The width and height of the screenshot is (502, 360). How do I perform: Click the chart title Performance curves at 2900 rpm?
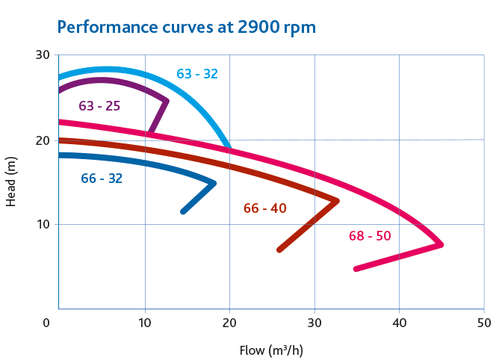point(186,27)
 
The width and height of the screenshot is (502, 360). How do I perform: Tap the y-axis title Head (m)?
point(10,182)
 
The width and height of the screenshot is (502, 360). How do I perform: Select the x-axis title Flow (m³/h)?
point(271,350)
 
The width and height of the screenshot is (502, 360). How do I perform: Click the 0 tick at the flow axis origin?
point(47,323)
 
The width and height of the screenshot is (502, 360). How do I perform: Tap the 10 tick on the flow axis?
point(144,323)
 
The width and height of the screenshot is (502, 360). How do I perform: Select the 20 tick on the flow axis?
point(229,323)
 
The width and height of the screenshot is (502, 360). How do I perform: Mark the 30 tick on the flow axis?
point(314,323)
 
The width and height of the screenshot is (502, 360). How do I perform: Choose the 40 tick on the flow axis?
point(400,323)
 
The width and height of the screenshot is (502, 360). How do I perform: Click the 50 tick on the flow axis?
point(485,323)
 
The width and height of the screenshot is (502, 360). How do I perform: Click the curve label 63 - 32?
point(197,74)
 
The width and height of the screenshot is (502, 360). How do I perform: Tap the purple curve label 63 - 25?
point(99,106)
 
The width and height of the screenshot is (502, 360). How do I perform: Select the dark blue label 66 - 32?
point(102,179)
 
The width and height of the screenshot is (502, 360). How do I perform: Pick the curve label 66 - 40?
point(264,208)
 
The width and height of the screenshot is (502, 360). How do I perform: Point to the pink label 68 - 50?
point(370,236)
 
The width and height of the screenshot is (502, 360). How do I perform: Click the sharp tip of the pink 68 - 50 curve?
point(441,244)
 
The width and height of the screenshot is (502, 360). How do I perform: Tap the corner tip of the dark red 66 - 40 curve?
point(337,200)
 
